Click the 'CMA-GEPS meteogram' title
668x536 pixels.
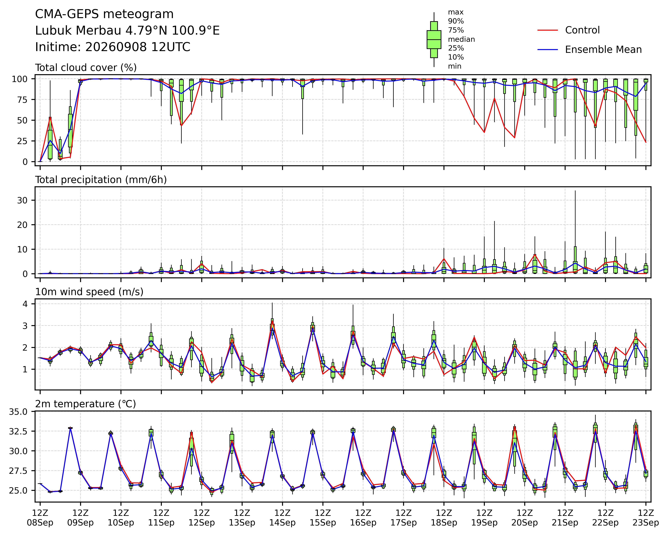click(x=104, y=14)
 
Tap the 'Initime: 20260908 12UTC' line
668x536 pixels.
click(x=113, y=47)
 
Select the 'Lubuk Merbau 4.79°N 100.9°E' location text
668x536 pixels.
click(x=127, y=31)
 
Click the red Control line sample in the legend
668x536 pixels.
click(x=547, y=30)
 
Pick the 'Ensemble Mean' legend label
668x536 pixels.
click(x=603, y=50)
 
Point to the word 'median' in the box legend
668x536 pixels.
click(x=461, y=39)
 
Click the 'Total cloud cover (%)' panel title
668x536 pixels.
click(x=86, y=68)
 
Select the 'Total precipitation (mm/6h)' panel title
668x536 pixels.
click(x=101, y=180)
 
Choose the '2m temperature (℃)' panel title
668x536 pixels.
click(x=85, y=404)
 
